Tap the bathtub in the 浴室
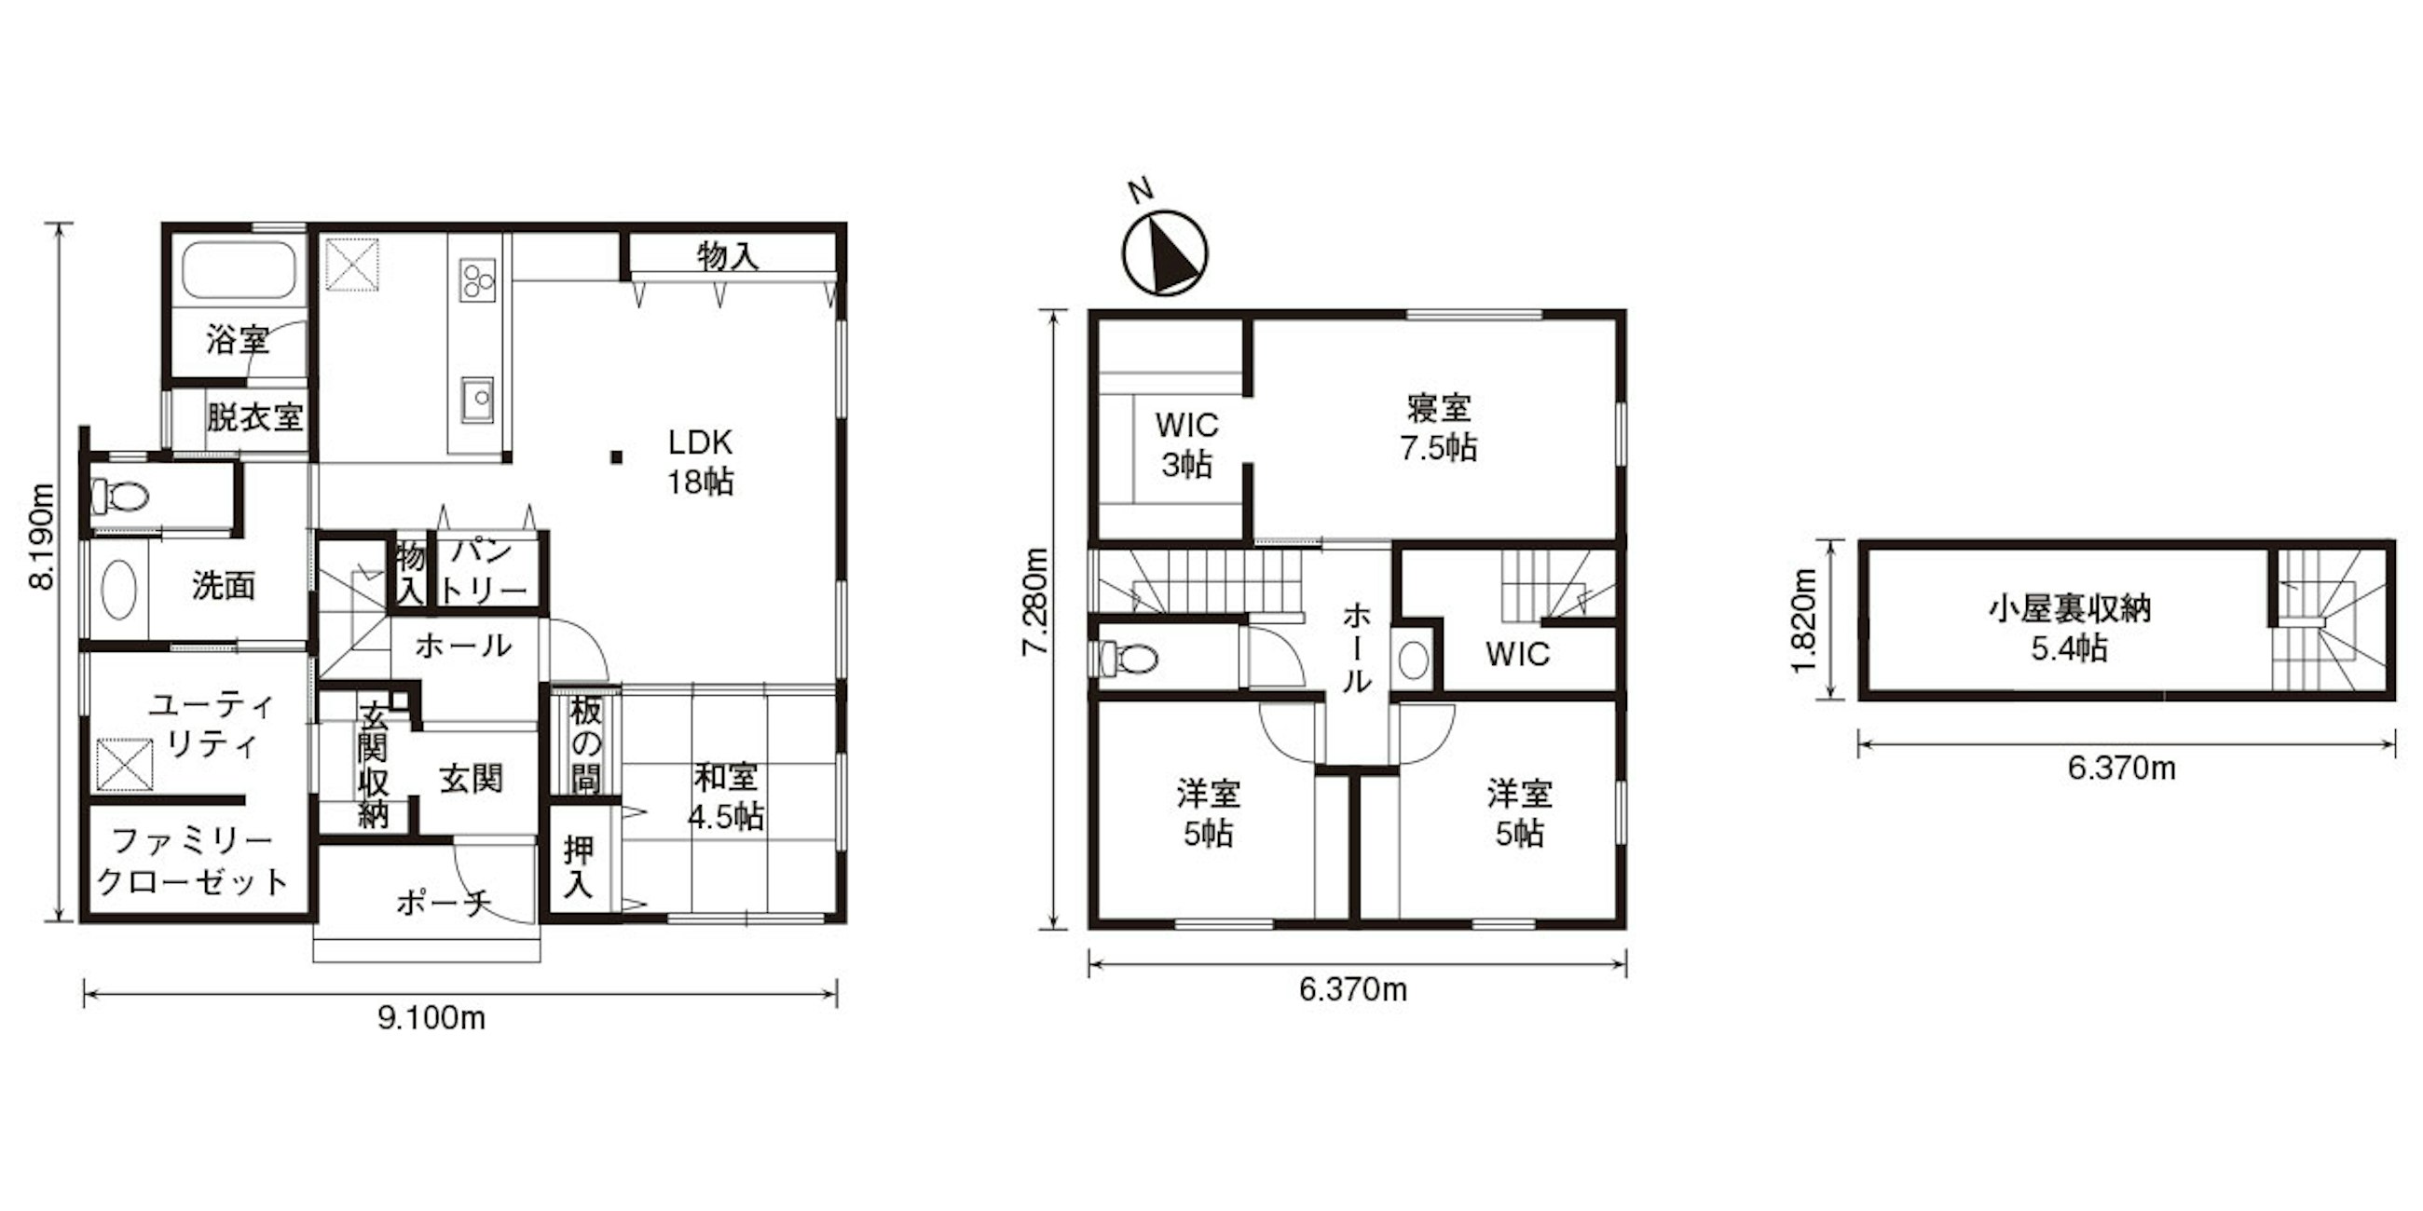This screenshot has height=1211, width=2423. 239,270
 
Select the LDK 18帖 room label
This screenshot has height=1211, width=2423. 700,462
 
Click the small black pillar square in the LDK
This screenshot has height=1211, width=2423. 616,457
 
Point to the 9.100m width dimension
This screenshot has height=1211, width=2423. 431,1018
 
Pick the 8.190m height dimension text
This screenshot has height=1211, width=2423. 42,535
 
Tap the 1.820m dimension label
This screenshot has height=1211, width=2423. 1802,620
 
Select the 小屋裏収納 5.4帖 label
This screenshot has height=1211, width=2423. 2069,629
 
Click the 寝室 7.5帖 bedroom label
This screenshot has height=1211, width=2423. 1438,428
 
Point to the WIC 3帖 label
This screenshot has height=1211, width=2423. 1187,444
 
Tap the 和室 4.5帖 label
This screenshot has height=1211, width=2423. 725,797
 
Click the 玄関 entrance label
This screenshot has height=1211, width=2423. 471,779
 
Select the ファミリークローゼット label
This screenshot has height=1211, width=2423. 194,862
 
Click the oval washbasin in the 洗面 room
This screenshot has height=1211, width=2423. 119,590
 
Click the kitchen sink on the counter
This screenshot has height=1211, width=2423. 478,401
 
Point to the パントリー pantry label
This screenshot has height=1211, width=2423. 486,571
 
